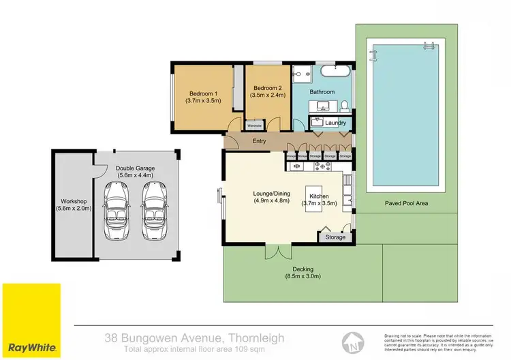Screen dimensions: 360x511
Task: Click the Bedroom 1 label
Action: pyautogui.click(x=202, y=93)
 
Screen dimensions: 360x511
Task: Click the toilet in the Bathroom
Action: pyautogui.click(x=345, y=105)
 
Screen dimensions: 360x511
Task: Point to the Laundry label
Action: pyautogui.click(x=336, y=123)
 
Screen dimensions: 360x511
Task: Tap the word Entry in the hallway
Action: pyautogui.click(x=259, y=141)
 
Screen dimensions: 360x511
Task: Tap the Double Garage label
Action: pyautogui.click(x=134, y=167)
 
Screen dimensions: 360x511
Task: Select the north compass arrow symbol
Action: pyautogui.click(x=352, y=339)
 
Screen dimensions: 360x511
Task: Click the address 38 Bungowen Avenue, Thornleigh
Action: pyautogui.click(x=194, y=337)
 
